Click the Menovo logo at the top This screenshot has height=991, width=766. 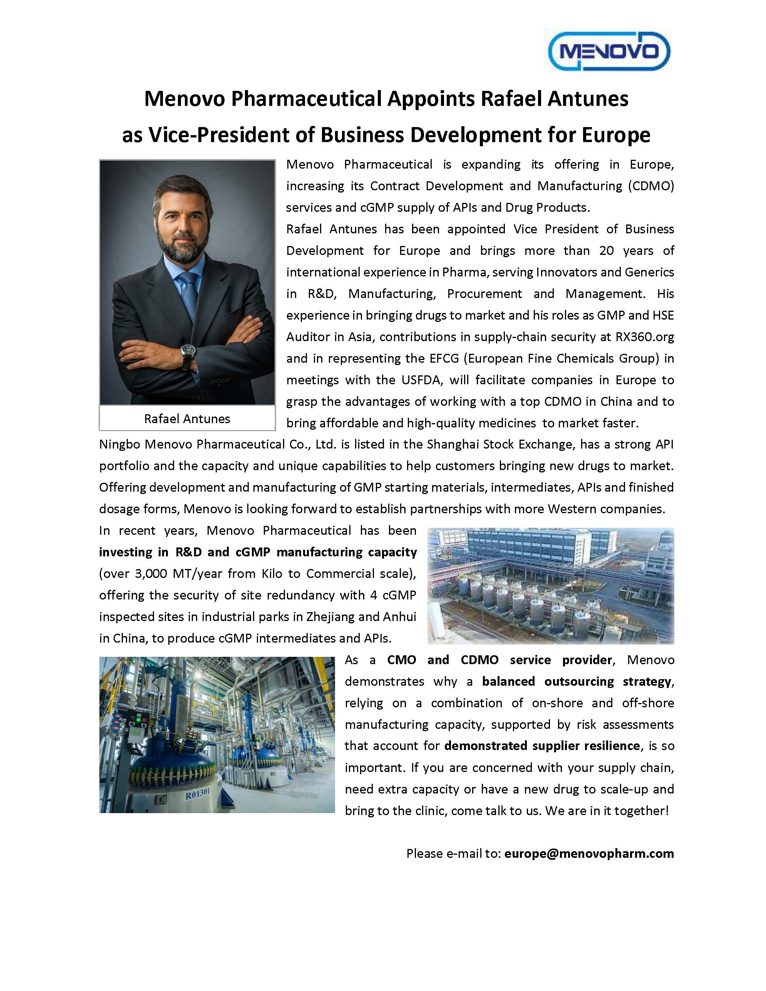click(x=609, y=51)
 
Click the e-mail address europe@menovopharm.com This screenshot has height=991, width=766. click(x=589, y=854)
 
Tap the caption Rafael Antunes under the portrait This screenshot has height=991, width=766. click(x=187, y=418)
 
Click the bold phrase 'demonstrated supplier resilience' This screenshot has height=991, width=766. click(x=542, y=745)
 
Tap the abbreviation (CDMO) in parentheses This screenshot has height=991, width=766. click(x=651, y=186)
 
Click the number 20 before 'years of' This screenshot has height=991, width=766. click(x=606, y=251)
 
